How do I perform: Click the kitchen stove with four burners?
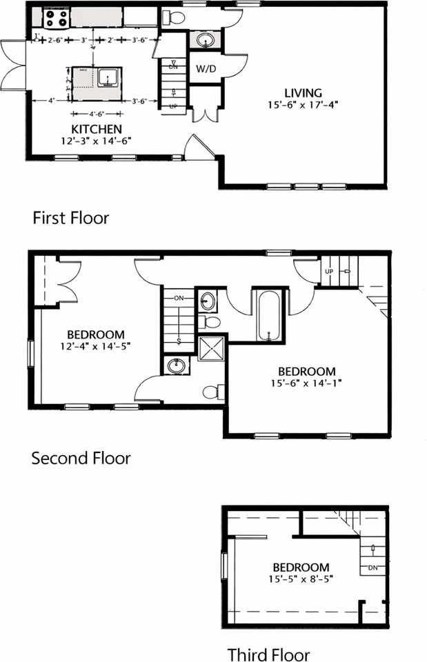[x=56, y=17]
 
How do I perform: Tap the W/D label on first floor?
[x=206, y=69]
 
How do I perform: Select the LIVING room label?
[x=304, y=93]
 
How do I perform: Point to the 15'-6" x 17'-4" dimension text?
[x=304, y=105]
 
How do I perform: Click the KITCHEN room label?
[x=97, y=129]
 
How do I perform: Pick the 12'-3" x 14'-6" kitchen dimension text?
[x=97, y=141]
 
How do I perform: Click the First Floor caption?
[x=71, y=218]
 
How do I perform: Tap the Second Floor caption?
[x=81, y=458]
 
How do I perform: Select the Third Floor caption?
[x=269, y=654]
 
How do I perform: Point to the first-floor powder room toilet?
[x=177, y=17]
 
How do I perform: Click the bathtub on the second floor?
[x=268, y=316]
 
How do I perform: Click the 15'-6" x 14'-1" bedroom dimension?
[x=302, y=383]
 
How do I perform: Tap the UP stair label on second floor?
[x=330, y=272]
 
